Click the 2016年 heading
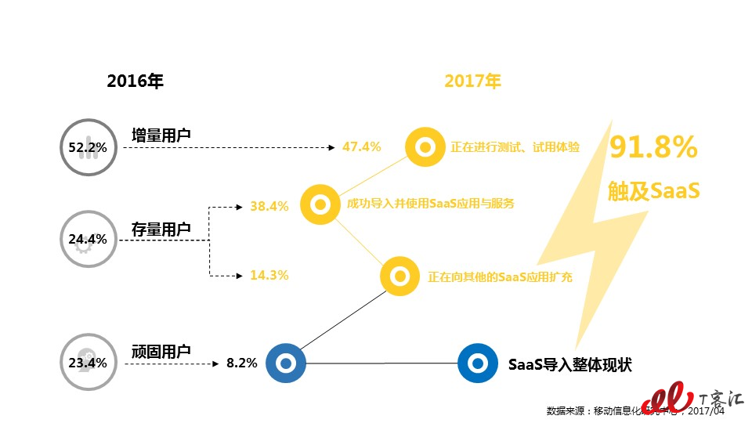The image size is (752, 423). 135,81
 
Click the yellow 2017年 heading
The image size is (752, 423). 472,81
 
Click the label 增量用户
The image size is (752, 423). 161,136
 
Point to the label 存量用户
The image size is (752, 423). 161,230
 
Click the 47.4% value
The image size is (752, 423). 361,146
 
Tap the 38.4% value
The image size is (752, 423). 269,207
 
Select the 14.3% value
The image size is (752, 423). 269,275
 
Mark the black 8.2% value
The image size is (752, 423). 241,363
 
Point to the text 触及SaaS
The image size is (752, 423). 653,190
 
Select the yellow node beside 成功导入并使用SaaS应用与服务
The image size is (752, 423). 320,205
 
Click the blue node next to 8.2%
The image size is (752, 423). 286,363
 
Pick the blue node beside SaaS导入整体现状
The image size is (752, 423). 477,363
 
